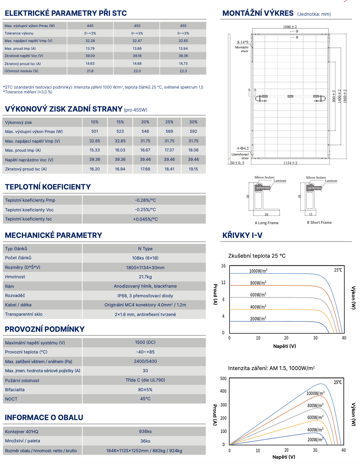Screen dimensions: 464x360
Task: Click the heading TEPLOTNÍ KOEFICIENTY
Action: [x=48, y=187]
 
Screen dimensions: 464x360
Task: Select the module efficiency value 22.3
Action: [x=183, y=71]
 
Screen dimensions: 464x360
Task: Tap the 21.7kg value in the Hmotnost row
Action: [x=145, y=277]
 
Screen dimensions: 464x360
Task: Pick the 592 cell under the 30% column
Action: [x=193, y=131]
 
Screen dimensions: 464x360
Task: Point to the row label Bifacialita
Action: [x=15, y=390]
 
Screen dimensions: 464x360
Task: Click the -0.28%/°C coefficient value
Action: [x=145, y=200]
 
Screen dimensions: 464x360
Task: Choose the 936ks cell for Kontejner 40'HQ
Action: [x=145, y=431]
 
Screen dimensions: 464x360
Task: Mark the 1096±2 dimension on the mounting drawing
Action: [x=290, y=27]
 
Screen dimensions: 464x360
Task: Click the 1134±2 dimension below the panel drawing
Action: [x=290, y=163]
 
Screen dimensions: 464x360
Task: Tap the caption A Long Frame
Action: [x=267, y=223]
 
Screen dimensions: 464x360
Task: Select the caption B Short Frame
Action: [x=319, y=223]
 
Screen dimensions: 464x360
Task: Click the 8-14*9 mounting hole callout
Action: [x=243, y=42]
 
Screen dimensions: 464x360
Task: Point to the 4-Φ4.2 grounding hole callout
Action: [x=243, y=148]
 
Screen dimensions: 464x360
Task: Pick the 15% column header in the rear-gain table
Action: [x=120, y=122]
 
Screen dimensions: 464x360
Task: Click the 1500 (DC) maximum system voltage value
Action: [x=145, y=342]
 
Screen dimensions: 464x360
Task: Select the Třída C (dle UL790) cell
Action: [x=145, y=380]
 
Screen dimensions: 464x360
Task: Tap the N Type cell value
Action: [x=145, y=249]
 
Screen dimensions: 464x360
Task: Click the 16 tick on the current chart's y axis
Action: [x=223, y=266]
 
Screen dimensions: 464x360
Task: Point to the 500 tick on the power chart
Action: [x=223, y=379]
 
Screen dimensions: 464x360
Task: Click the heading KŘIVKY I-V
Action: [x=242, y=235]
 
